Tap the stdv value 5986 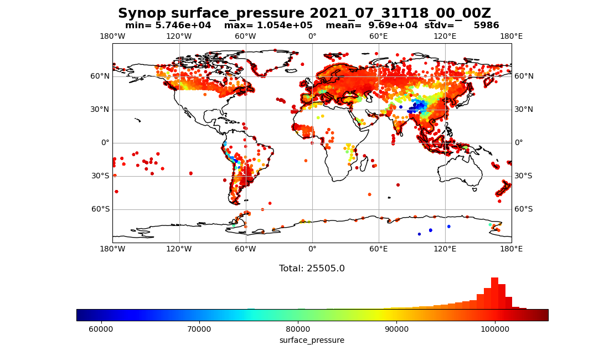(486, 25)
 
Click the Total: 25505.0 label (312, 269)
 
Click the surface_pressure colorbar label (312, 340)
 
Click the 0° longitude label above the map (312, 37)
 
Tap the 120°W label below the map (179, 249)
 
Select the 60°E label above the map (379, 37)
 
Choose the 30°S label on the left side (100, 176)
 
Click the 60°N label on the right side (524, 76)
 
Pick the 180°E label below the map (512, 249)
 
